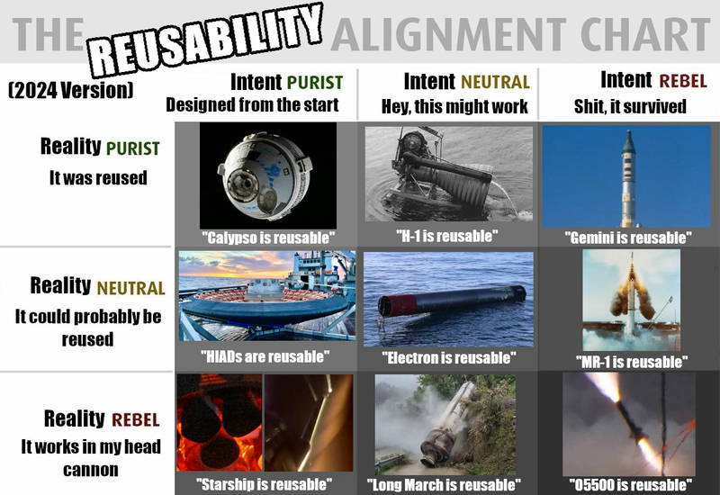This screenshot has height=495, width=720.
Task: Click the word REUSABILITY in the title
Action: pyautogui.click(x=205, y=40)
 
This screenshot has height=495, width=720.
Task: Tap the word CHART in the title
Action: pyautogui.click(x=645, y=34)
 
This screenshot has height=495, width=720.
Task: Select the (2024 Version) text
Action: pyautogui.click(x=71, y=90)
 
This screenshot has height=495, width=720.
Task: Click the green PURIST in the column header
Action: pyautogui.click(x=315, y=83)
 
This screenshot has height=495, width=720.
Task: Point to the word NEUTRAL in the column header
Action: pyautogui.click(x=495, y=82)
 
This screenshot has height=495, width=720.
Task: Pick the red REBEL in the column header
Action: pyautogui.click(x=683, y=81)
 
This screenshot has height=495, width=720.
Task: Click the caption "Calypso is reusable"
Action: pyautogui.click(x=268, y=238)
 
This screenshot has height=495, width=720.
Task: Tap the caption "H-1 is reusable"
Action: pyautogui.click(x=447, y=236)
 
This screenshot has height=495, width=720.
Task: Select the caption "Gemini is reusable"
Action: pyautogui.click(x=628, y=238)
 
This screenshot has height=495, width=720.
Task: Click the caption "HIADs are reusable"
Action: pyautogui.click(x=265, y=356)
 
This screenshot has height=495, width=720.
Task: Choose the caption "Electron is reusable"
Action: pyautogui.click(x=448, y=357)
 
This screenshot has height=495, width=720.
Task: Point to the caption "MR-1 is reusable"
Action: pyautogui.click(x=632, y=362)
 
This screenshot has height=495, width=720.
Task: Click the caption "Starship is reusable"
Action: pyautogui.click(x=264, y=484)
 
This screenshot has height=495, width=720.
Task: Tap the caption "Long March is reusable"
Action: pyautogui.click(x=444, y=484)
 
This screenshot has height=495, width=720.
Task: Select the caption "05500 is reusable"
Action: pyautogui.click(x=631, y=484)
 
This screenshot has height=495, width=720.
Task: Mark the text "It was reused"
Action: pyautogui.click(x=98, y=177)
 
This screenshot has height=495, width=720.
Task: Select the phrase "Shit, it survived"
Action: pyautogui.click(x=630, y=106)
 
